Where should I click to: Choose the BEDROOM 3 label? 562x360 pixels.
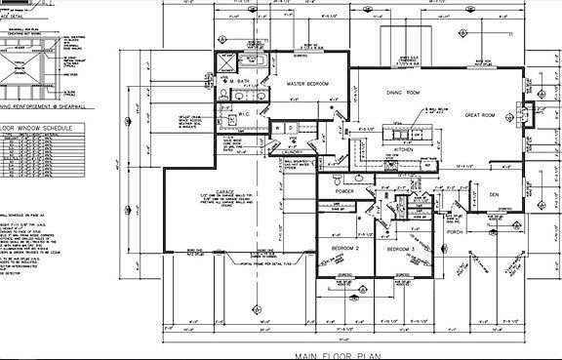[401, 249]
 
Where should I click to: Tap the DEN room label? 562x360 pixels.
[494, 195]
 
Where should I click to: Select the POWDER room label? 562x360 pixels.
[342, 191]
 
